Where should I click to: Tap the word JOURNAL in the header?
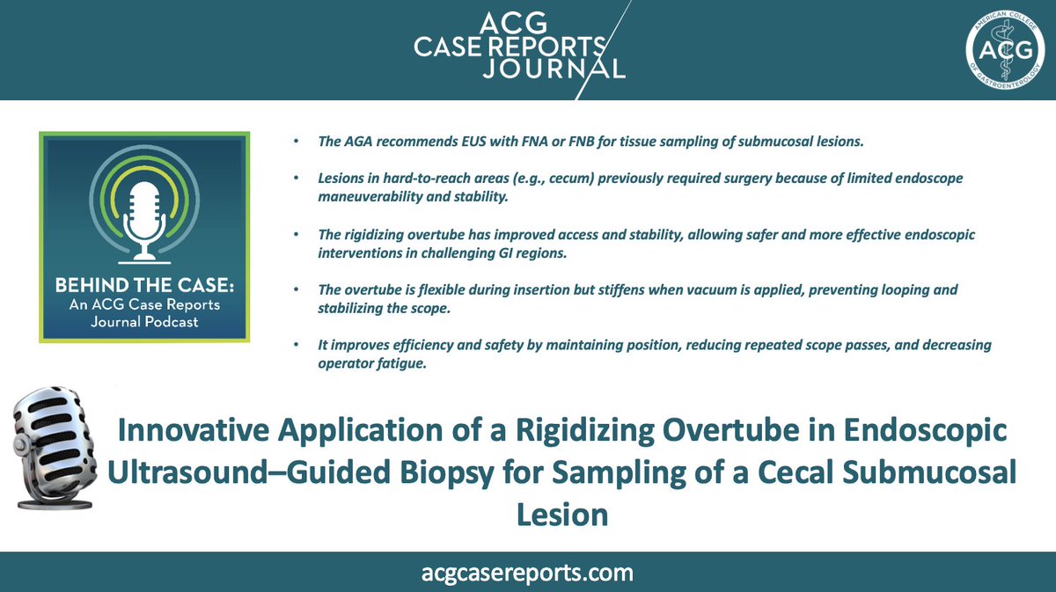click(x=554, y=68)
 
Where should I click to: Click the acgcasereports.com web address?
click(x=527, y=573)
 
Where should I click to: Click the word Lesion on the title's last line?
click(x=562, y=513)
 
